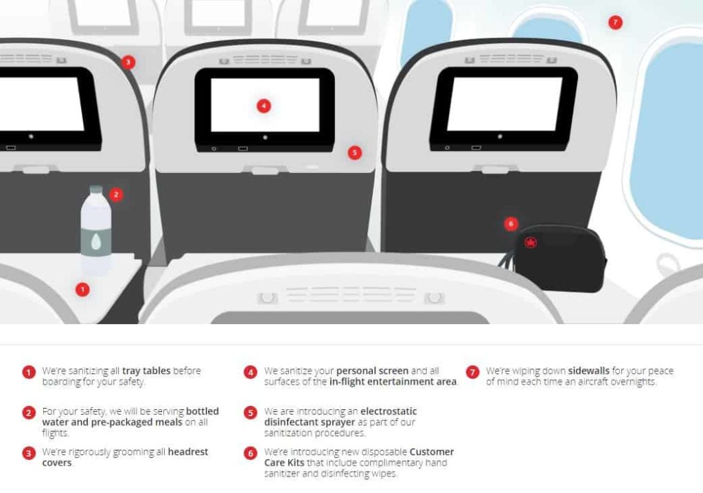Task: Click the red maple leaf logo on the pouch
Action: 530,242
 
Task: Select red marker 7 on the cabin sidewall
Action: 615,23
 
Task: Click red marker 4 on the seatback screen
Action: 264,106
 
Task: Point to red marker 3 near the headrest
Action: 128,62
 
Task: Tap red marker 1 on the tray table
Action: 82,290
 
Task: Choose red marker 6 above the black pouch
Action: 510,224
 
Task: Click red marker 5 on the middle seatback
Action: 354,152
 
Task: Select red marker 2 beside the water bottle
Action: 116,194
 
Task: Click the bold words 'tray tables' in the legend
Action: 147,371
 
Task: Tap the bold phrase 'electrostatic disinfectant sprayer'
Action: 340,417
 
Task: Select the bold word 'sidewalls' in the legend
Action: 588,371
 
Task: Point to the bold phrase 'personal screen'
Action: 373,371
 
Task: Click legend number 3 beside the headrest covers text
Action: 28,454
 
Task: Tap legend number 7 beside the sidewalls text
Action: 472,372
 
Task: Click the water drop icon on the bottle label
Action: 95,241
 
